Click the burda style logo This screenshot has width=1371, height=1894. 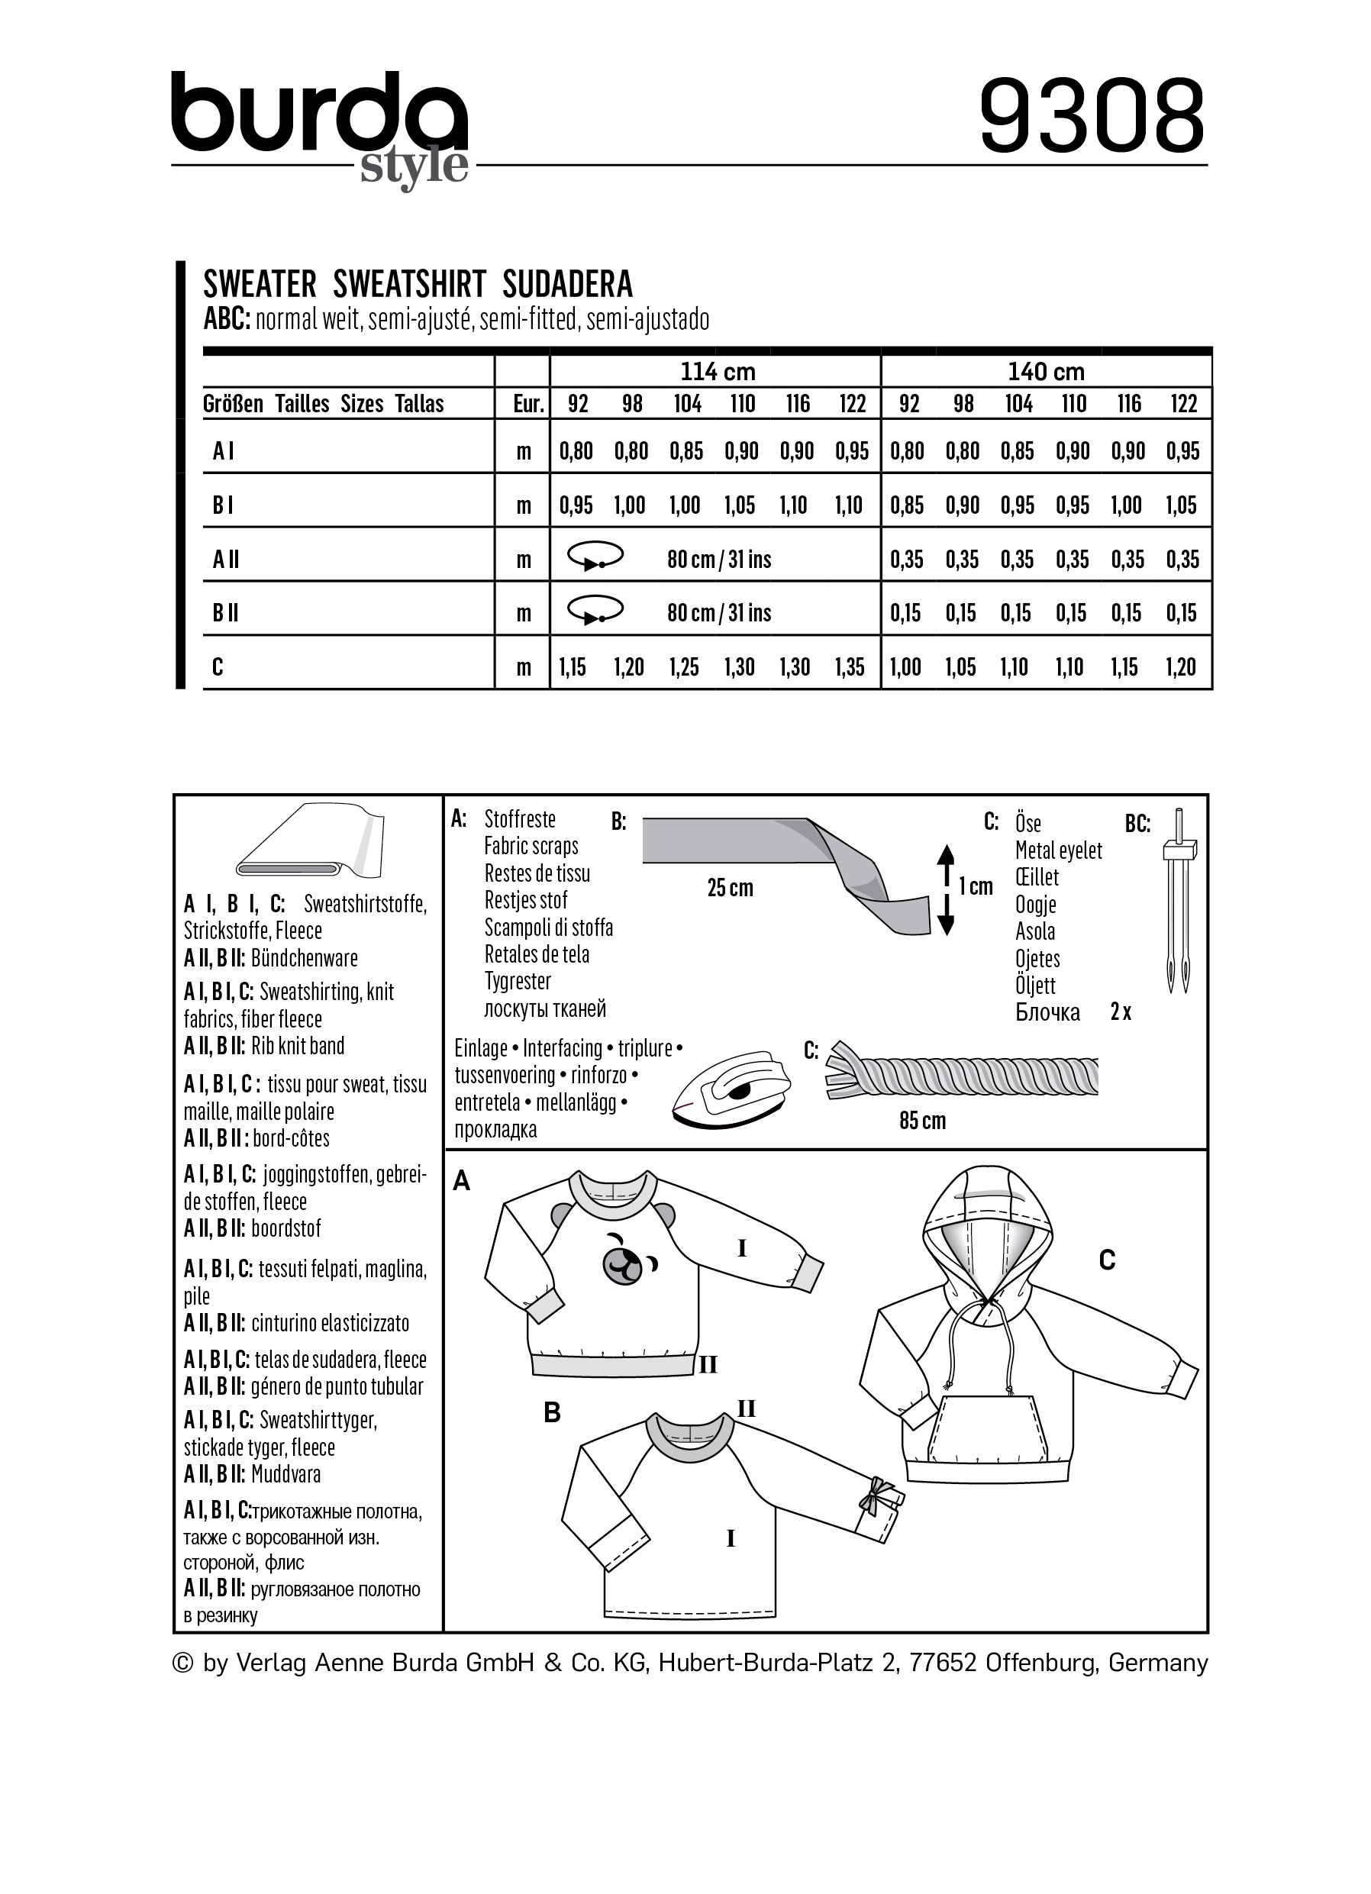pyautogui.click(x=320, y=125)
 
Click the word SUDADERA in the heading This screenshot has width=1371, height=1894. pyautogui.click(x=568, y=285)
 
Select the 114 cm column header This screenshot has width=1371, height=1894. pyautogui.click(x=718, y=372)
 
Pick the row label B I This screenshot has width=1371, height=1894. pyautogui.click(x=223, y=505)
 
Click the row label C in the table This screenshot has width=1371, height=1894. pyautogui.click(x=218, y=667)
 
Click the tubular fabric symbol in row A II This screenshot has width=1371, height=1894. pyautogui.click(x=595, y=557)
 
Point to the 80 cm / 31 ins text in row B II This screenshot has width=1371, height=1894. pyautogui.click(x=719, y=613)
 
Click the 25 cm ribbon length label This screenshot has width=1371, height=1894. pyautogui.click(x=730, y=888)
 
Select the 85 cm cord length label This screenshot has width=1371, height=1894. pyautogui.click(x=922, y=1121)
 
